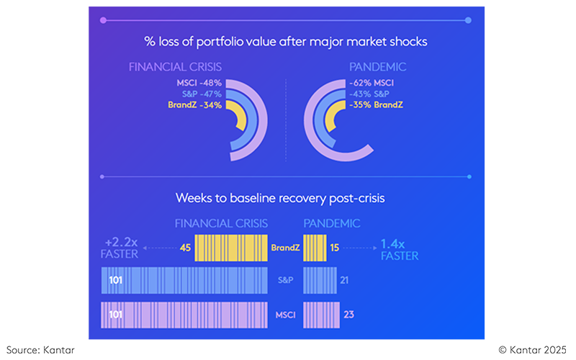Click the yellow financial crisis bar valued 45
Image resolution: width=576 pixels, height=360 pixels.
click(231, 248)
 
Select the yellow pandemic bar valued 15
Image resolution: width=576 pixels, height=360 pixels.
click(315, 248)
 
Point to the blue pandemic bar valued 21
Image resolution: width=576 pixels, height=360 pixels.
click(320, 279)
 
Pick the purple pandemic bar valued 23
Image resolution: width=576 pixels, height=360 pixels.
click(321, 315)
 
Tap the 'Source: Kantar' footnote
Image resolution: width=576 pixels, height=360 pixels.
click(40, 350)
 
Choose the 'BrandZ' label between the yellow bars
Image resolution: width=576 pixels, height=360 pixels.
click(284, 248)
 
